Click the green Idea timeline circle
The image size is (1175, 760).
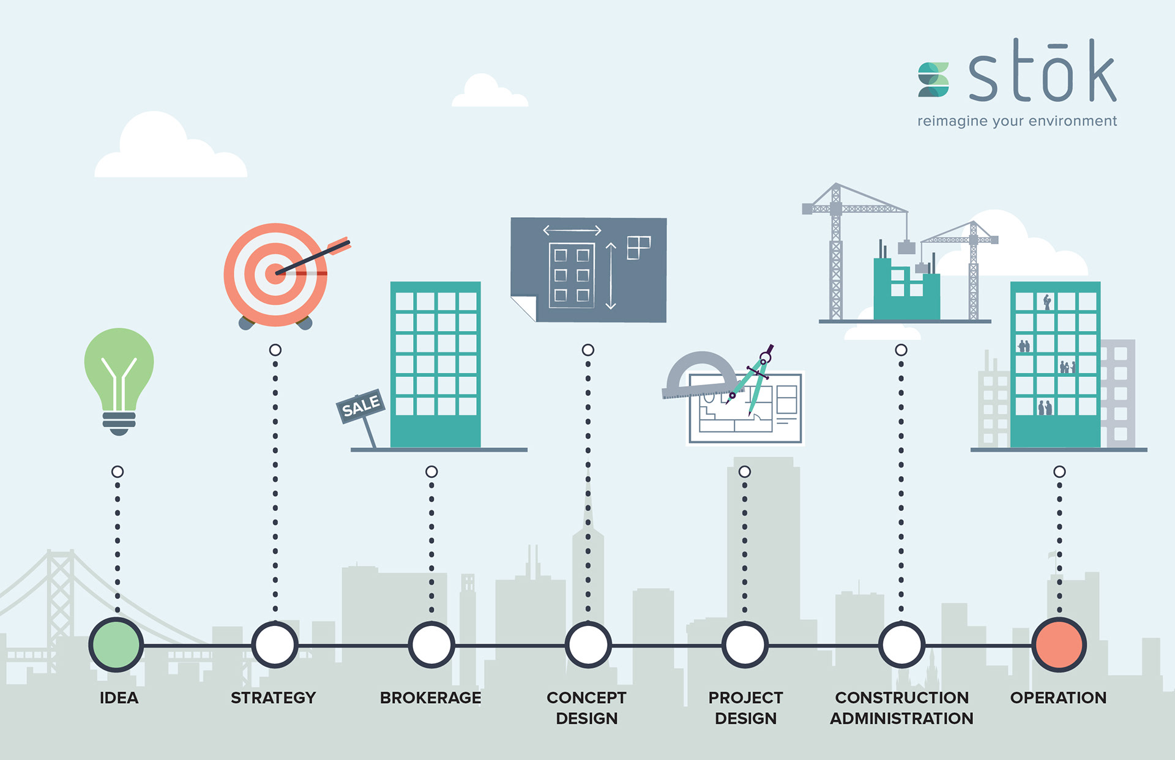point(116,645)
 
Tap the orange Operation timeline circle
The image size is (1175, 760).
point(1059,645)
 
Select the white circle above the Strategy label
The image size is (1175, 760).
point(275,645)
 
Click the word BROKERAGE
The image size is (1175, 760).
point(430,698)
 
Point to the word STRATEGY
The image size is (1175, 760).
point(273,698)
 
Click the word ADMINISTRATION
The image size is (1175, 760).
point(901,718)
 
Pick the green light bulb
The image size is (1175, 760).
point(119,376)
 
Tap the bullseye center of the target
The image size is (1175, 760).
point(275,274)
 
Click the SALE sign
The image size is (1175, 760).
point(360,406)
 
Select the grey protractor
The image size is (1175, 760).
point(700,373)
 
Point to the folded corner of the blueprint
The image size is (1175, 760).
point(524,308)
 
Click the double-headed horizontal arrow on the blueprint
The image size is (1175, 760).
point(572,231)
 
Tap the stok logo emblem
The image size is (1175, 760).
point(933,80)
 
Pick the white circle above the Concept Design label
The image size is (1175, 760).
point(587,645)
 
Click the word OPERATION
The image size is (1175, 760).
point(1058,698)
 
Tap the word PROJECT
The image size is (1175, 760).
point(745,698)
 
